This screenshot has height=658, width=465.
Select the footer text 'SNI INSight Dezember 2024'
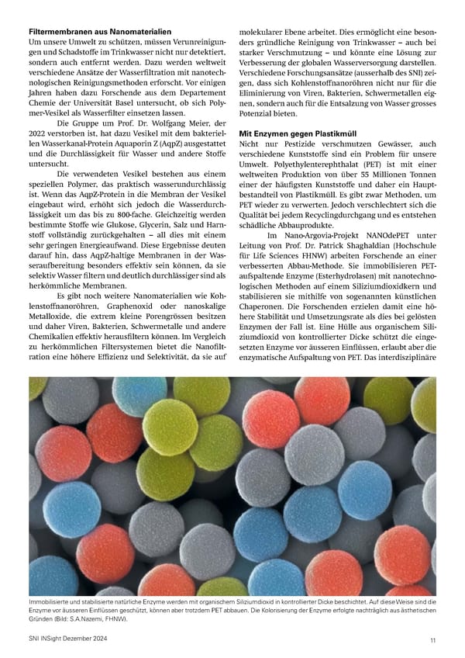(x=69, y=639)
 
